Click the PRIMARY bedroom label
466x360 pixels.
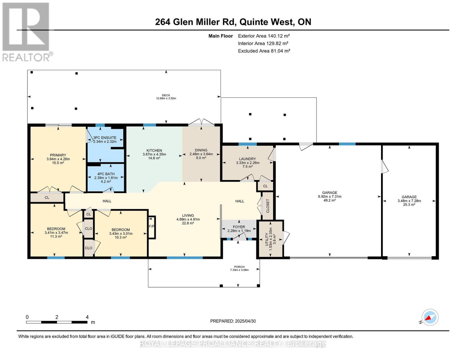click(x=58, y=155)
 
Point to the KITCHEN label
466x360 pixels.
click(x=154, y=150)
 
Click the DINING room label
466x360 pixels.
click(x=201, y=150)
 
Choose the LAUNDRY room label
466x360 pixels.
click(x=248, y=159)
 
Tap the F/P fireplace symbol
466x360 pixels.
click(x=152, y=226)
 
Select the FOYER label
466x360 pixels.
click(x=239, y=227)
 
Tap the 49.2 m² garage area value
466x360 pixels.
click(x=329, y=200)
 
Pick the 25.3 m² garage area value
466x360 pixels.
click(x=409, y=205)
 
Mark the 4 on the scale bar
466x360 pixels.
click(x=87, y=317)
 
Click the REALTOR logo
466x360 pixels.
click(x=26, y=31)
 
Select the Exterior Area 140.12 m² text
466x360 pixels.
click(x=264, y=36)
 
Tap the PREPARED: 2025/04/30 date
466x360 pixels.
click(x=233, y=321)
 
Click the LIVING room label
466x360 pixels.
click(x=188, y=215)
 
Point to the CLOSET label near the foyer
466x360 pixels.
click(x=268, y=205)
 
